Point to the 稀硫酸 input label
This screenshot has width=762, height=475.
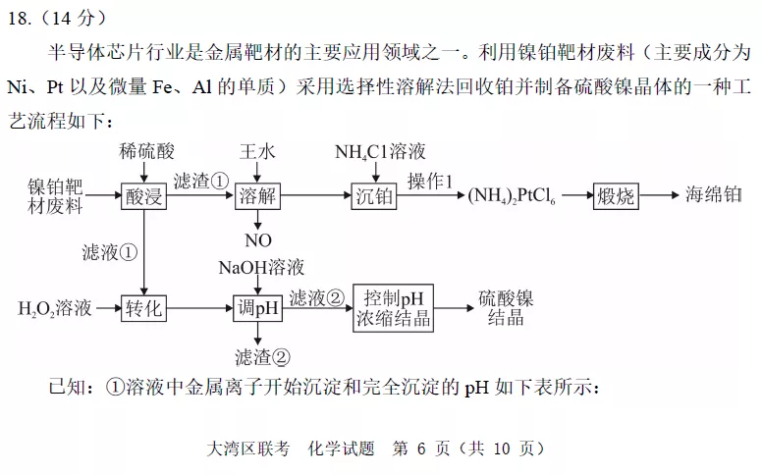click(x=146, y=151)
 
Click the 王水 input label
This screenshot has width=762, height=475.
click(x=257, y=151)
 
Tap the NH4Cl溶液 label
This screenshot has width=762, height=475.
click(x=380, y=152)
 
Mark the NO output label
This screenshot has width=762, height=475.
click(x=258, y=240)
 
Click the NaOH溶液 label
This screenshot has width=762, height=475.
click(x=261, y=268)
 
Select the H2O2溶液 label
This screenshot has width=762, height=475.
click(x=55, y=308)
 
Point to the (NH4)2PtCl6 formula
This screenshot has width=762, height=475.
click(x=512, y=195)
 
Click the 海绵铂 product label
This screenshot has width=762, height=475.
click(x=714, y=194)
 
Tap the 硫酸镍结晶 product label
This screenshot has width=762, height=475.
click(x=506, y=308)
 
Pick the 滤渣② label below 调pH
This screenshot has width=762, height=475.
click(x=262, y=357)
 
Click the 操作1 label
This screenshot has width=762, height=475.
click(x=429, y=182)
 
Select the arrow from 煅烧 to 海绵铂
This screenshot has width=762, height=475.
click(x=659, y=195)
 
